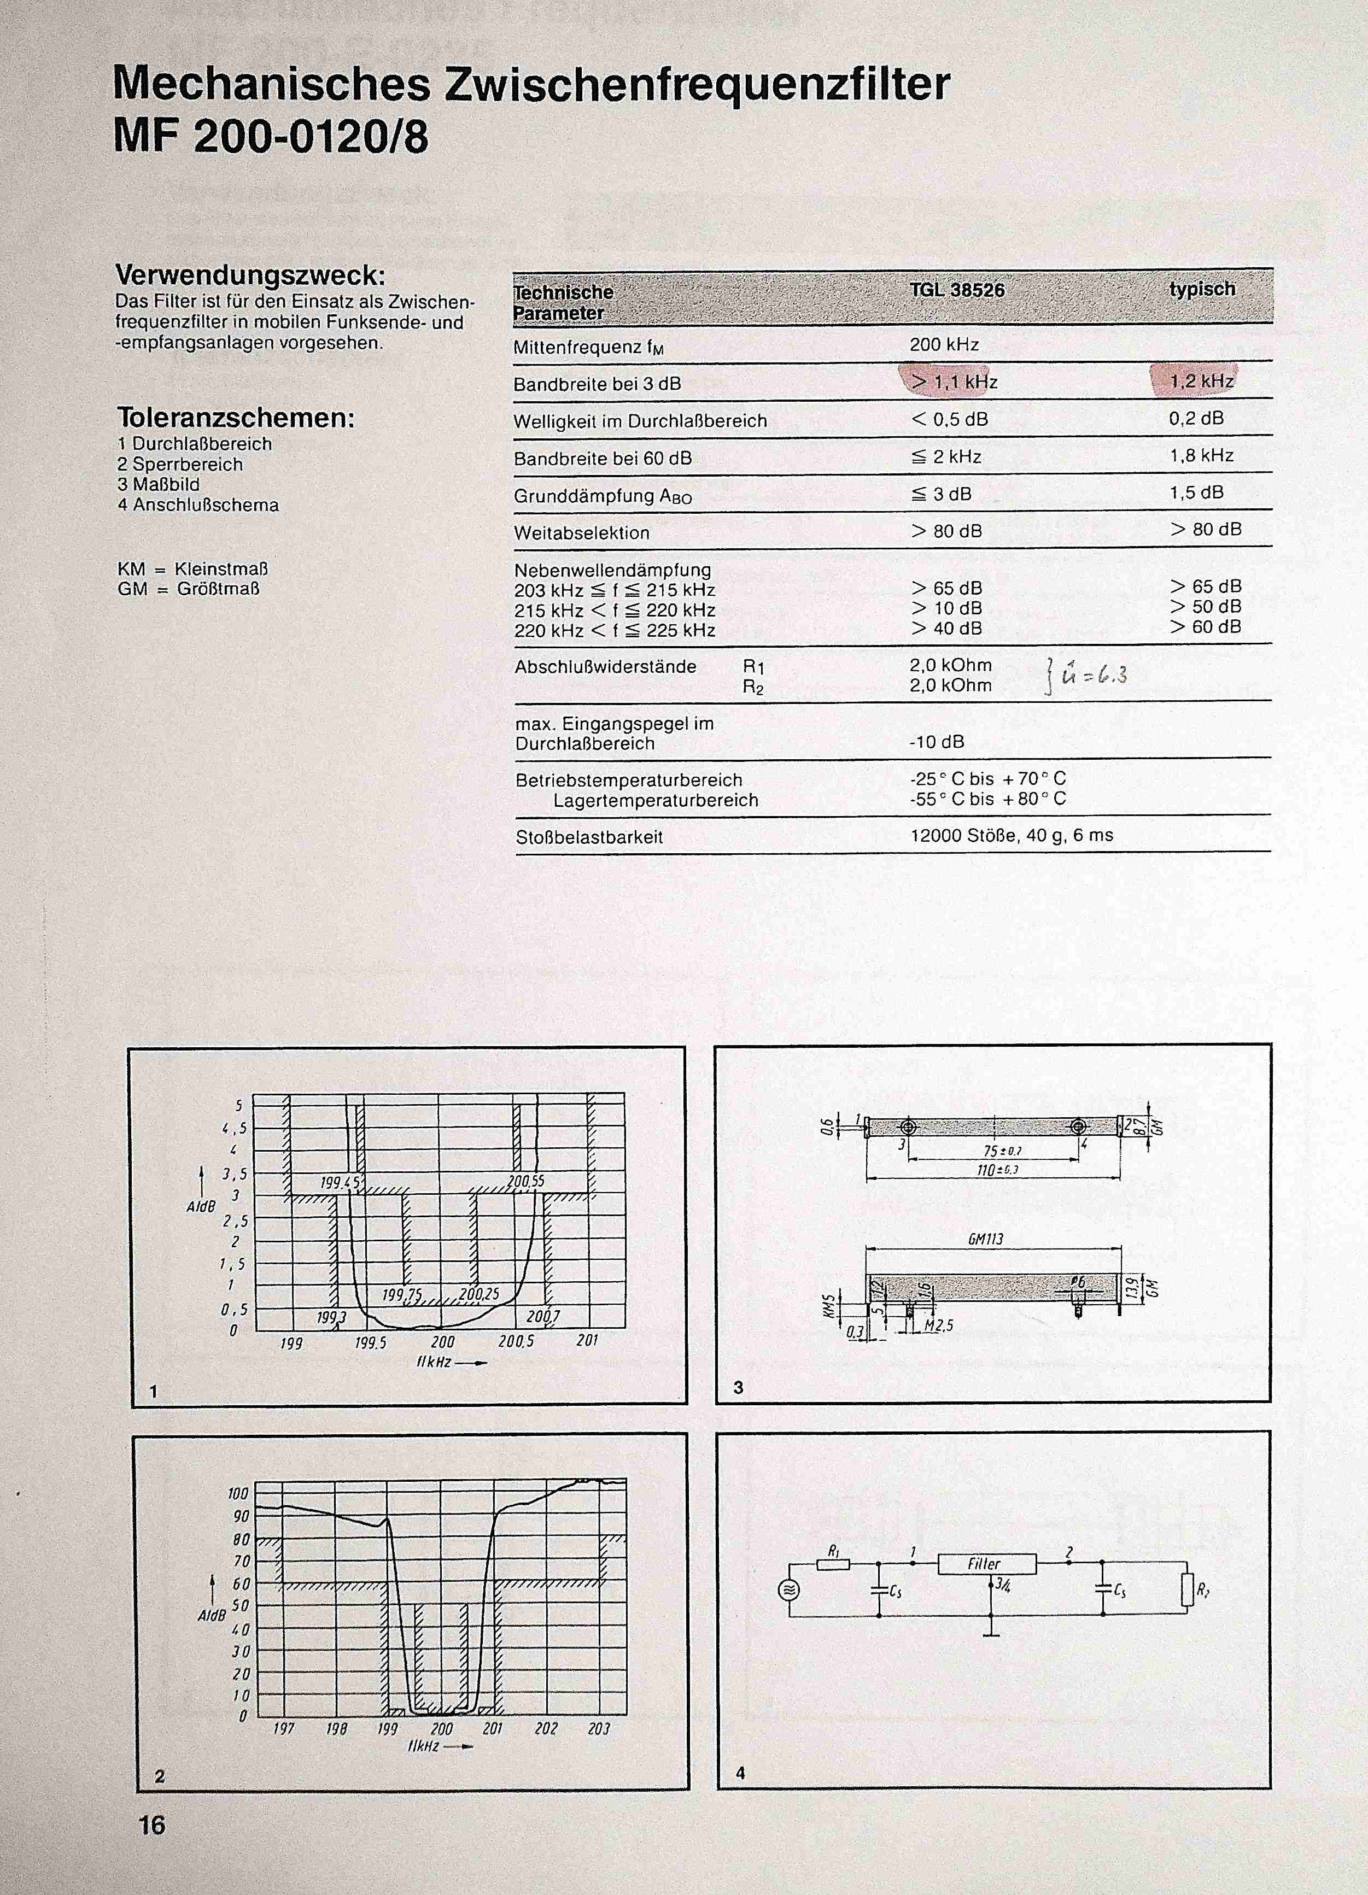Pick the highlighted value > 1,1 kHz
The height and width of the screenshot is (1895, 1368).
954,382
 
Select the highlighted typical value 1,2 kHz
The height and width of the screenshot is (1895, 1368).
1201,381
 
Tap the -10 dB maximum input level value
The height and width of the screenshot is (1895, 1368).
936,742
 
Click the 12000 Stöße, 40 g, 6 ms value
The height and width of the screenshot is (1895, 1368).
1011,835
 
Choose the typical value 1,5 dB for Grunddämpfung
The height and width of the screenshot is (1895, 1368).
1196,492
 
